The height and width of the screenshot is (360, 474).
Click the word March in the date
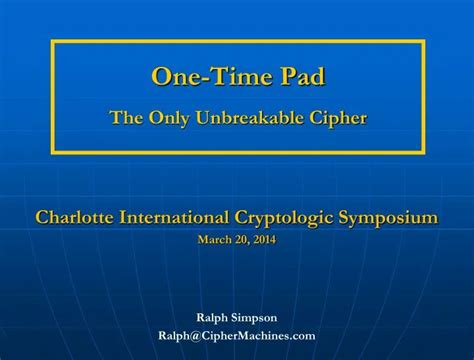(213, 240)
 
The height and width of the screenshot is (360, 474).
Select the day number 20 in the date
(237, 240)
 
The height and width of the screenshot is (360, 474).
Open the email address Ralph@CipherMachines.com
(237, 336)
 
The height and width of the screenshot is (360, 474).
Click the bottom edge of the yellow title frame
(237, 152)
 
